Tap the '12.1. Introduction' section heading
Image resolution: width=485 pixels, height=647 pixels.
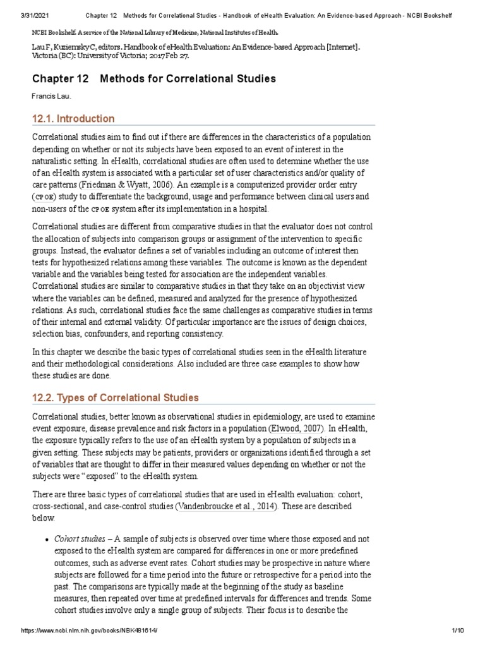point(73,119)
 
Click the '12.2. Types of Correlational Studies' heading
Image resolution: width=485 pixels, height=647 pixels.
point(115,397)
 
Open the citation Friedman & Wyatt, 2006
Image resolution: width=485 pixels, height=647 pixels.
point(127,185)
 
